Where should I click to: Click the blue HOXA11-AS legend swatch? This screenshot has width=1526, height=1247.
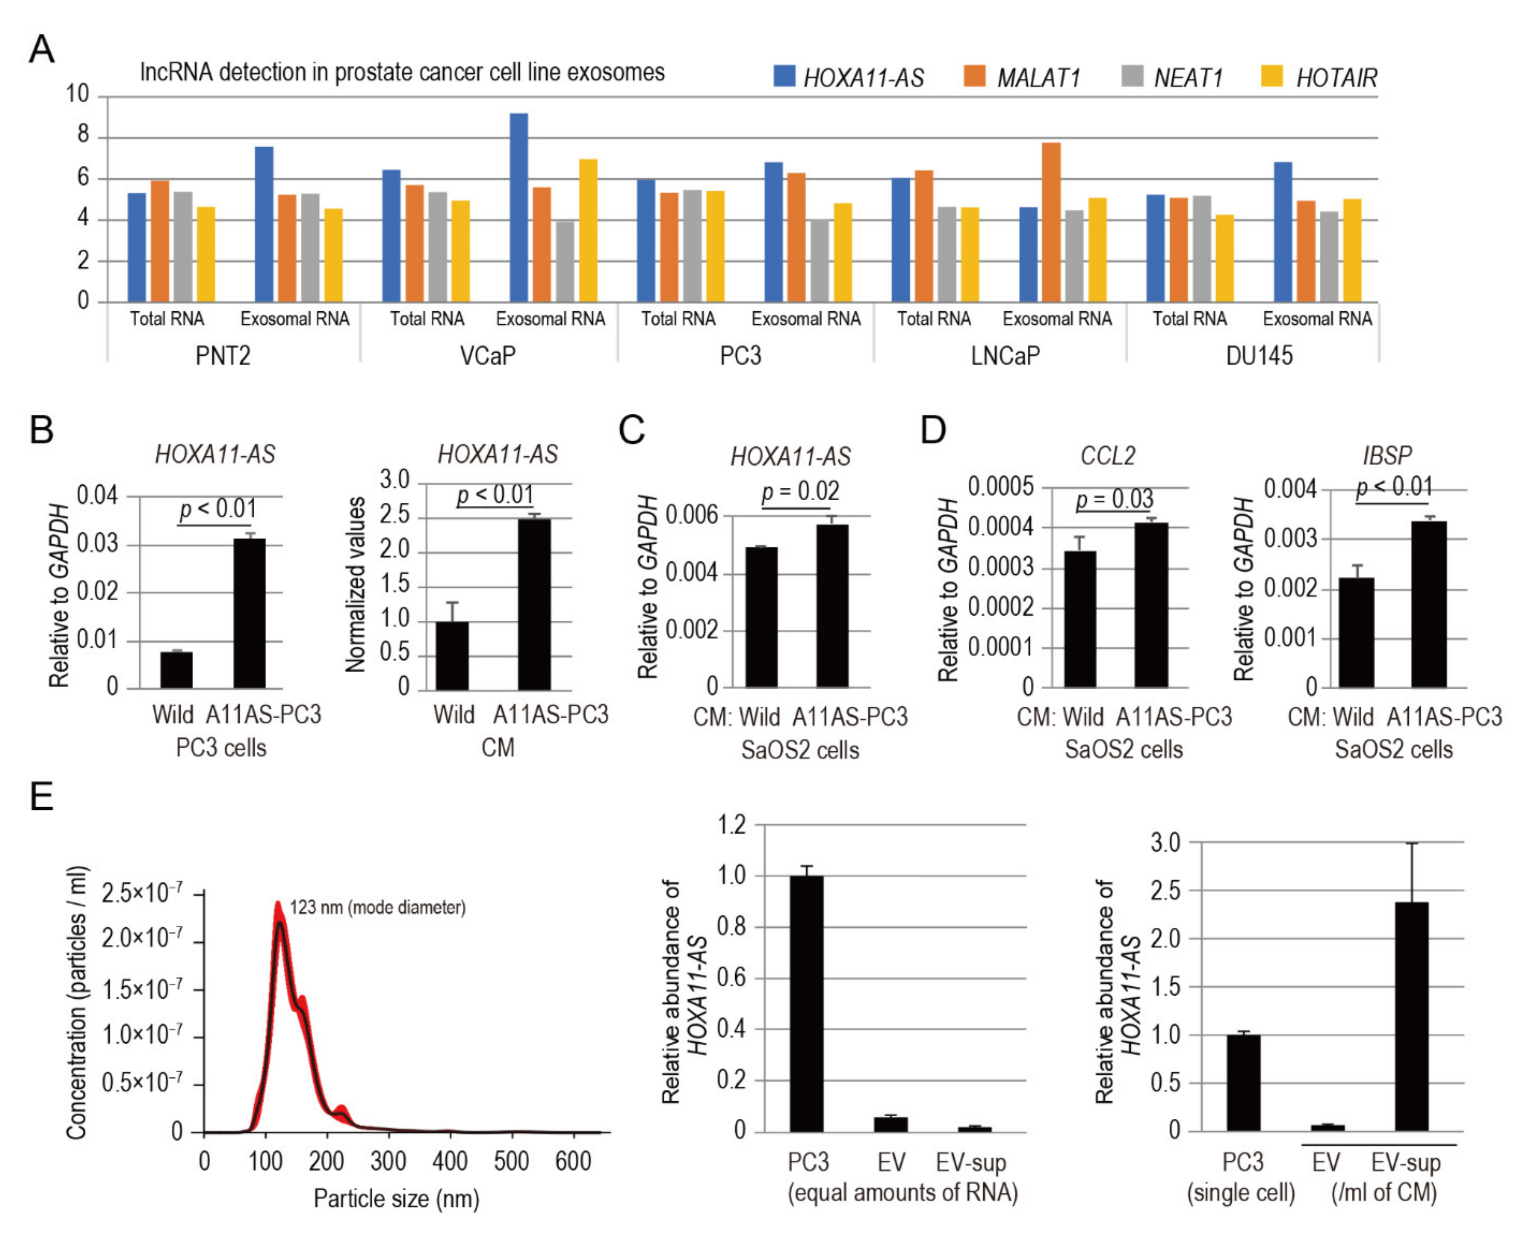click(784, 76)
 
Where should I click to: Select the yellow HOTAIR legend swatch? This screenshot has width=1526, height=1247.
click(1272, 76)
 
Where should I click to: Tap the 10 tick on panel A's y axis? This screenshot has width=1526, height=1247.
click(78, 94)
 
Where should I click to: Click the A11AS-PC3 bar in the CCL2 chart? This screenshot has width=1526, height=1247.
click(1151, 605)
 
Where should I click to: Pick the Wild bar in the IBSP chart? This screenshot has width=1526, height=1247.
click(1356, 632)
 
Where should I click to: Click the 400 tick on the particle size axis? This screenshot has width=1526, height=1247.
click(450, 1162)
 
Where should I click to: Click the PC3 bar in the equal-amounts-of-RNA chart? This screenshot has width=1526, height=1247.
click(806, 1003)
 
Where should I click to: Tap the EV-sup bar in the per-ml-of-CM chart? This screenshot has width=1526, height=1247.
click(1411, 1016)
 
